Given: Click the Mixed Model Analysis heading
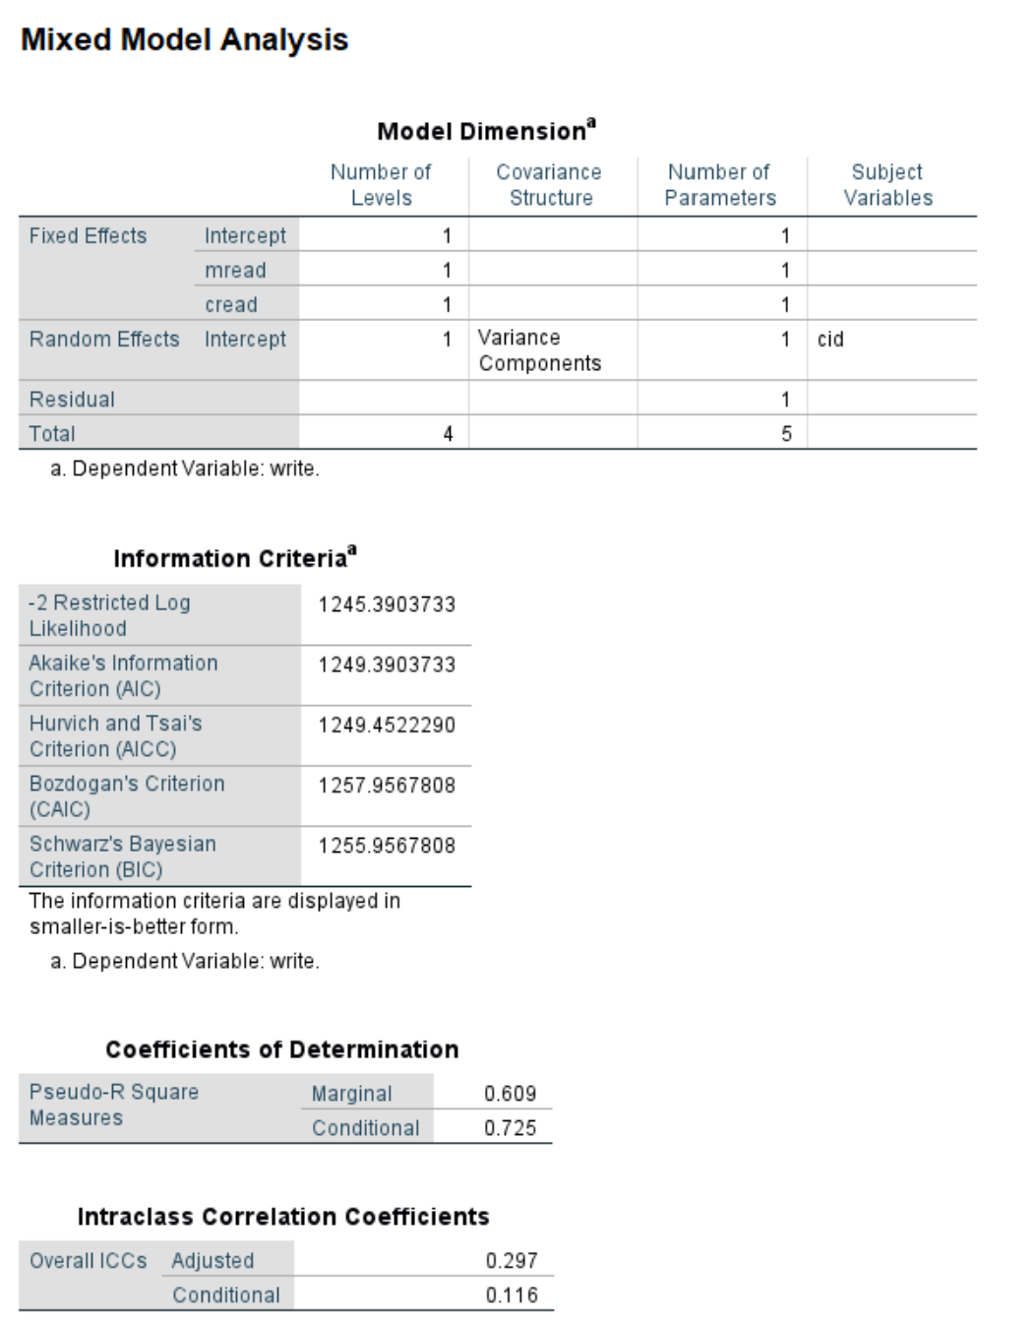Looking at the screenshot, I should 184,39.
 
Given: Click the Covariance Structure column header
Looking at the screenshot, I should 549,185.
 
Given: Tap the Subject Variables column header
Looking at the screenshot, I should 887,185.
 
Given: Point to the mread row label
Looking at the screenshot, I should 235,270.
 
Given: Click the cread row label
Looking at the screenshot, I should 231,305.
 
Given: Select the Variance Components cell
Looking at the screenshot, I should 539,350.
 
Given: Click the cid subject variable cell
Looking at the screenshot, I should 830,340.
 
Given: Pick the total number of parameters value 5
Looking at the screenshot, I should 786,434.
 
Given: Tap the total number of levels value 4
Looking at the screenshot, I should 448,434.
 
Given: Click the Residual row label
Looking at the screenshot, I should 72,400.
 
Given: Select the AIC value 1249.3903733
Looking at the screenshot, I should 387,665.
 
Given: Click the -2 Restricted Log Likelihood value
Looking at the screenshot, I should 387,604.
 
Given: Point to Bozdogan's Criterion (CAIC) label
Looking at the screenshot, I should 127,796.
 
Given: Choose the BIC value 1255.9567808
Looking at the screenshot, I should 387,846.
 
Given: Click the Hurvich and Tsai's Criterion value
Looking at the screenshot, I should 387,726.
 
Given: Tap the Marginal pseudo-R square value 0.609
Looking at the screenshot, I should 510,1094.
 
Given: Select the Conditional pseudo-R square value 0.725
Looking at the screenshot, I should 510,1128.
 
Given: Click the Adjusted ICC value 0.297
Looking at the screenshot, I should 512,1261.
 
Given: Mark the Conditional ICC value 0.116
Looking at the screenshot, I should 512,1296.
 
